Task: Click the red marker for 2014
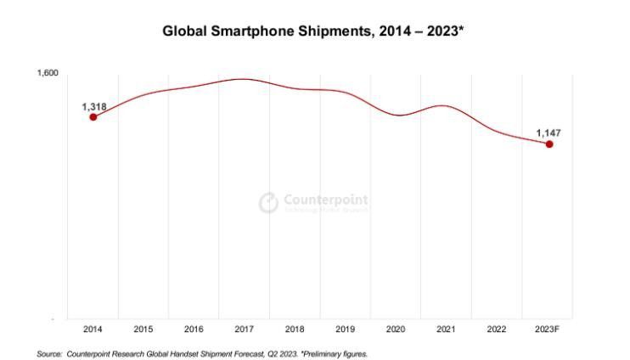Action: tap(93, 117)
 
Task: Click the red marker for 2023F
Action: tap(549, 144)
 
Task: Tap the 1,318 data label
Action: tap(93, 106)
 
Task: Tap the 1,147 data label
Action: tap(548, 133)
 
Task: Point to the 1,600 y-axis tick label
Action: tap(48, 74)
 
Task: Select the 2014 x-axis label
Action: tap(93, 329)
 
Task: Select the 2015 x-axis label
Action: tap(143, 329)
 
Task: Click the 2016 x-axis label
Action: tap(194, 329)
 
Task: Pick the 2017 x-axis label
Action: tap(245, 329)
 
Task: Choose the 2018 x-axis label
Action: tap(295, 329)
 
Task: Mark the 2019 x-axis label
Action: tap(346, 329)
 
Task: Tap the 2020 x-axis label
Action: tap(397, 329)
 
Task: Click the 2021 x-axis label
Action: tap(447, 329)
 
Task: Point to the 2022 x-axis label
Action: tap(498, 329)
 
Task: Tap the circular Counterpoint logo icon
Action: tap(268, 203)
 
